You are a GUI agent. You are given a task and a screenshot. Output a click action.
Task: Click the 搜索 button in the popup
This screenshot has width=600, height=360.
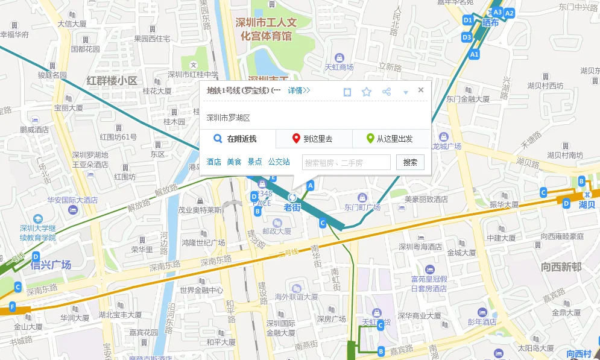tap(410, 162)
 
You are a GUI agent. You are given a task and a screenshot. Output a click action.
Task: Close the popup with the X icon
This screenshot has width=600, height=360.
tap(421, 90)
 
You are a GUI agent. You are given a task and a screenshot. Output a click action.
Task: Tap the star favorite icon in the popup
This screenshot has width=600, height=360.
tap(367, 92)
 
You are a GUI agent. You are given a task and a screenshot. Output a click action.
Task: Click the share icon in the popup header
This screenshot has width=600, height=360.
tap(387, 92)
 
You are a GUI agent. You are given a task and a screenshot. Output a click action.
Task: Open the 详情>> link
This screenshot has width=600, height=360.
tap(298, 91)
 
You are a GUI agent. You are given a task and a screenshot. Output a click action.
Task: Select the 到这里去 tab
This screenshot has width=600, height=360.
tap(314, 139)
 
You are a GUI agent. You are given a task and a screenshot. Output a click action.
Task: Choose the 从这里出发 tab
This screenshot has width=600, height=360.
tap(390, 139)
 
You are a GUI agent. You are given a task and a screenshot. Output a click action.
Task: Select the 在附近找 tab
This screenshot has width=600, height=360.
tap(237, 139)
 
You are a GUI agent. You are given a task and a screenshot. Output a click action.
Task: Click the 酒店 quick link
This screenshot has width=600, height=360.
tap(213, 162)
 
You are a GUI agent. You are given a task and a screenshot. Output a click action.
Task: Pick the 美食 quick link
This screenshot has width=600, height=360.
tap(234, 162)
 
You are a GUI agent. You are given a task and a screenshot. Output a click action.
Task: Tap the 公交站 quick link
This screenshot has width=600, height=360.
tap(279, 162)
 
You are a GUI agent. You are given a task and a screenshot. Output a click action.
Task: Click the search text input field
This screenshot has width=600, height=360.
tap(346, 162)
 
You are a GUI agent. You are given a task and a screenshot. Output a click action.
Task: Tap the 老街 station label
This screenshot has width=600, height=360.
tap(292, 207)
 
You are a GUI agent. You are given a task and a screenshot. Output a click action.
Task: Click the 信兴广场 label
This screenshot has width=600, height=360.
tap(51, 265)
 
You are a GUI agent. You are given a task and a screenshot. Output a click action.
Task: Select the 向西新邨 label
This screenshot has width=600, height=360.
tap(561, 267)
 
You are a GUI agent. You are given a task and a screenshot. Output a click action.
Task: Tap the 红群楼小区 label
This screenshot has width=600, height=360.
tap(112, 80)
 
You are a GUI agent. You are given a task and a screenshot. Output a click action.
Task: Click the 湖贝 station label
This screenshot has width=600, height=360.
tap(587, 204)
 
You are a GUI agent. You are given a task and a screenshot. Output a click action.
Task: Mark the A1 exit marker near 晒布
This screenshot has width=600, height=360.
tap(475, 54)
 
